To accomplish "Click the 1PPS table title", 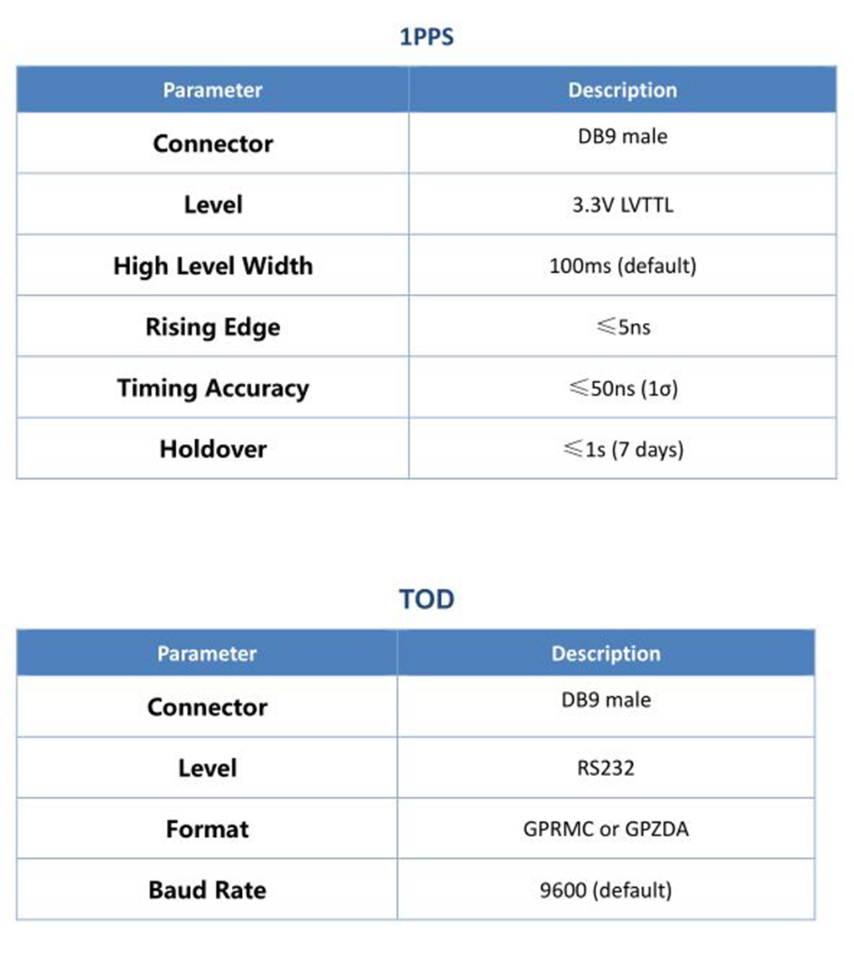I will coord(426,38).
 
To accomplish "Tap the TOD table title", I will coord(426,599).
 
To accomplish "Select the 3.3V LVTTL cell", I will coord(622,205).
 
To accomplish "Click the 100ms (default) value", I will coord(622,266).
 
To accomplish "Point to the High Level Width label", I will coord(213,266).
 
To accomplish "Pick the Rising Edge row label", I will coord(213,327).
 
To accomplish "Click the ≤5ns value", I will coord(622,327).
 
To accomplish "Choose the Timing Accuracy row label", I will coord(213,388).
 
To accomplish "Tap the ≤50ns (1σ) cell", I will coord(622,388).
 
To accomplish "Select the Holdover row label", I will coord(213,449).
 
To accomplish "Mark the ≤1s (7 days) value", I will coord(622,449).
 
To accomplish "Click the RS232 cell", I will coord(605,768).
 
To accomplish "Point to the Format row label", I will coord(207,829).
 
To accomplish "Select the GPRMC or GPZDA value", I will coord(605,829).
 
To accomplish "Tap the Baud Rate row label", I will coord(207,890).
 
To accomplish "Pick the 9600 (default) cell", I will coord(605,890).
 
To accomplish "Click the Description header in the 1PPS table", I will coord(622,90).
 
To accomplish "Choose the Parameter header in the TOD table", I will coord(207,653).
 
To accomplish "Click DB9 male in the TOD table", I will coord(605,699).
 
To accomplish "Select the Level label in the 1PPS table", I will coord(213,205).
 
